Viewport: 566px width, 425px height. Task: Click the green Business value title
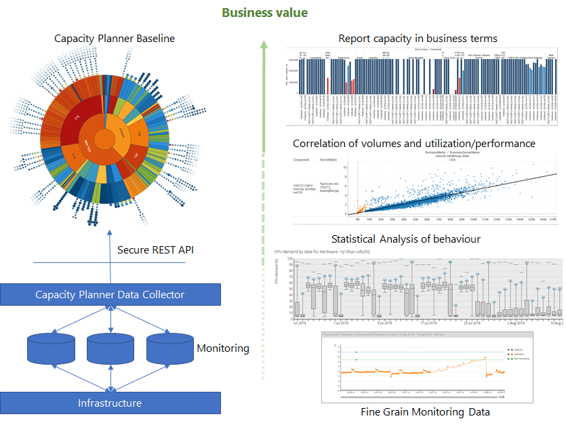[264, 12]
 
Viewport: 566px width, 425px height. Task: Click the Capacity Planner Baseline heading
[115, 39]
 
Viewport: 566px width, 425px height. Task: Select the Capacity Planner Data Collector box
[110, 294]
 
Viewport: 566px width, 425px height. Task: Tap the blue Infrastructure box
[110, 403]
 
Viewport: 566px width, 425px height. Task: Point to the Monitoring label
[223, 348]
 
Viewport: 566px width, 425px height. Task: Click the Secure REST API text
[155, 250]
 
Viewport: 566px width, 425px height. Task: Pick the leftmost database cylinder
[51, 348]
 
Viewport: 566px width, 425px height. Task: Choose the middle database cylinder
[110, 348]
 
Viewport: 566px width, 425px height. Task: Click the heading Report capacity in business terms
[418, 38]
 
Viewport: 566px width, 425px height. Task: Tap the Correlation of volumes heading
[414, 144]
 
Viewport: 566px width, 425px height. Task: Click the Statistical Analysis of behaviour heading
[407, 239]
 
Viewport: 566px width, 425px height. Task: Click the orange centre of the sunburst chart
[106, 139]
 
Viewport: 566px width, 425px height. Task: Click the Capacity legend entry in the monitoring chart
[519, 350]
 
